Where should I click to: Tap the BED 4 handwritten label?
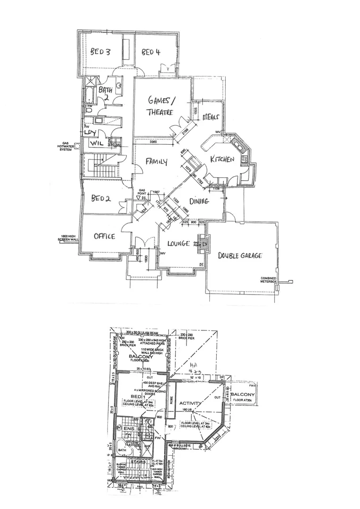pos(150,52)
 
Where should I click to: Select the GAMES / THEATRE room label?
pos(161,106)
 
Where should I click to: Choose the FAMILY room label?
pos(156,162)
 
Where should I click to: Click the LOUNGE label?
pos(179,244)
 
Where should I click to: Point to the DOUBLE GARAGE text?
pos(239,255)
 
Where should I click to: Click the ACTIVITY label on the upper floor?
pos(191,403)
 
